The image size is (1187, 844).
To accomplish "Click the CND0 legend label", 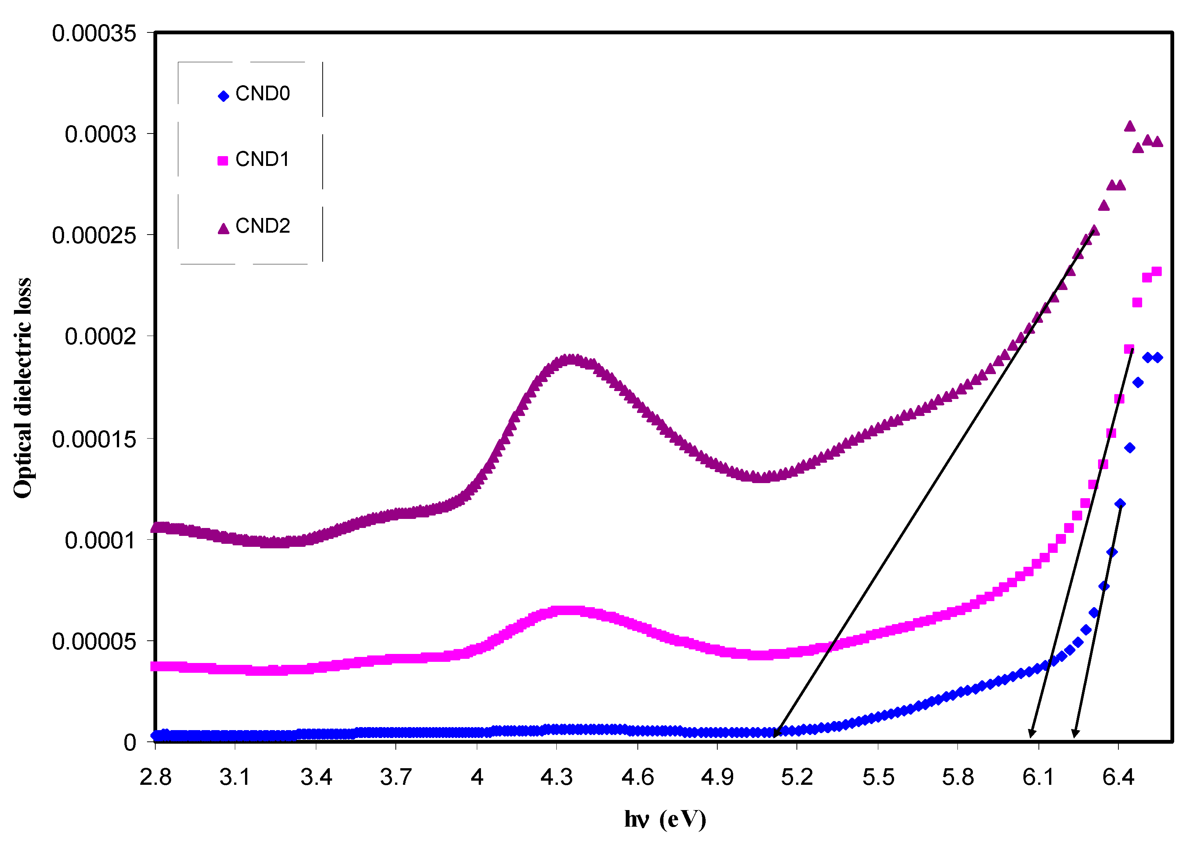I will click(262, 94).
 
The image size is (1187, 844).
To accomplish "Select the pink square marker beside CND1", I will click(223, 161).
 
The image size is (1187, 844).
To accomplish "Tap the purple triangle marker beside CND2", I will click(224, 229).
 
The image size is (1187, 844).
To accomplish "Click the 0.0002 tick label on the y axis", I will click(100, 336).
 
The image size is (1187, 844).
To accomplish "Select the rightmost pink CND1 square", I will click(1157, 271).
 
